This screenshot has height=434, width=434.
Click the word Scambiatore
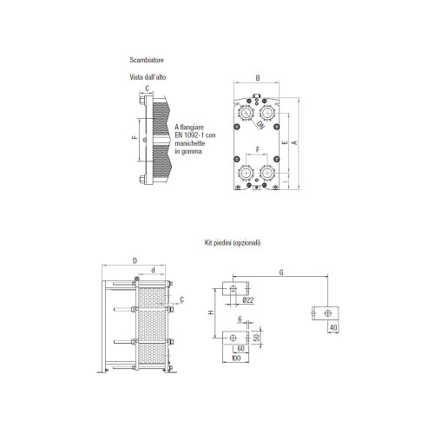coord(147,60)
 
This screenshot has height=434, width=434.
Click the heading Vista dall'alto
coord(148,77)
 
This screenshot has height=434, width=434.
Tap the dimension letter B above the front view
coord(258,78)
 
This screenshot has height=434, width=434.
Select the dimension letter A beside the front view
coord(294,142)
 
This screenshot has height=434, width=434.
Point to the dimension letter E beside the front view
coord(286,142)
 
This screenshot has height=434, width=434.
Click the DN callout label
coord(261,125)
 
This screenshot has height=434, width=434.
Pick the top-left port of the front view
coord(246,113)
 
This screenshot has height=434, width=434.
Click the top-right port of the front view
coord(268,113)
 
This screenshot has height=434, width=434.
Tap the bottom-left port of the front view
coord(246,173)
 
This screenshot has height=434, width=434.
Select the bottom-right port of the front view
coord(267,173)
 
